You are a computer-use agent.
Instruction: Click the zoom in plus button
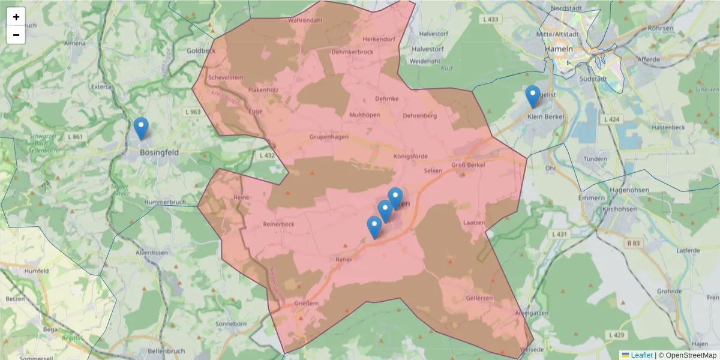(16, 17)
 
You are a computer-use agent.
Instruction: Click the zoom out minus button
(16, 35)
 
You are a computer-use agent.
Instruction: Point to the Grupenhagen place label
(329, 137)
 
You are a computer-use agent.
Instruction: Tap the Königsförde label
(410, 157)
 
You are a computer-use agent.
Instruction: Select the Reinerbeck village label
(279, 224)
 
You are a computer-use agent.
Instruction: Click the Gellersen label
(479, 298)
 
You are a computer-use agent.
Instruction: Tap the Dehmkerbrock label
(352, 52)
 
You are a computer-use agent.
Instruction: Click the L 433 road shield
(490, 20)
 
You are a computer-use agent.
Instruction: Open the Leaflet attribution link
(641, 355)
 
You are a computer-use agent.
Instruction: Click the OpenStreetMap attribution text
(691, 355)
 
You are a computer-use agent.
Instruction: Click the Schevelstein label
(225, 77)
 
